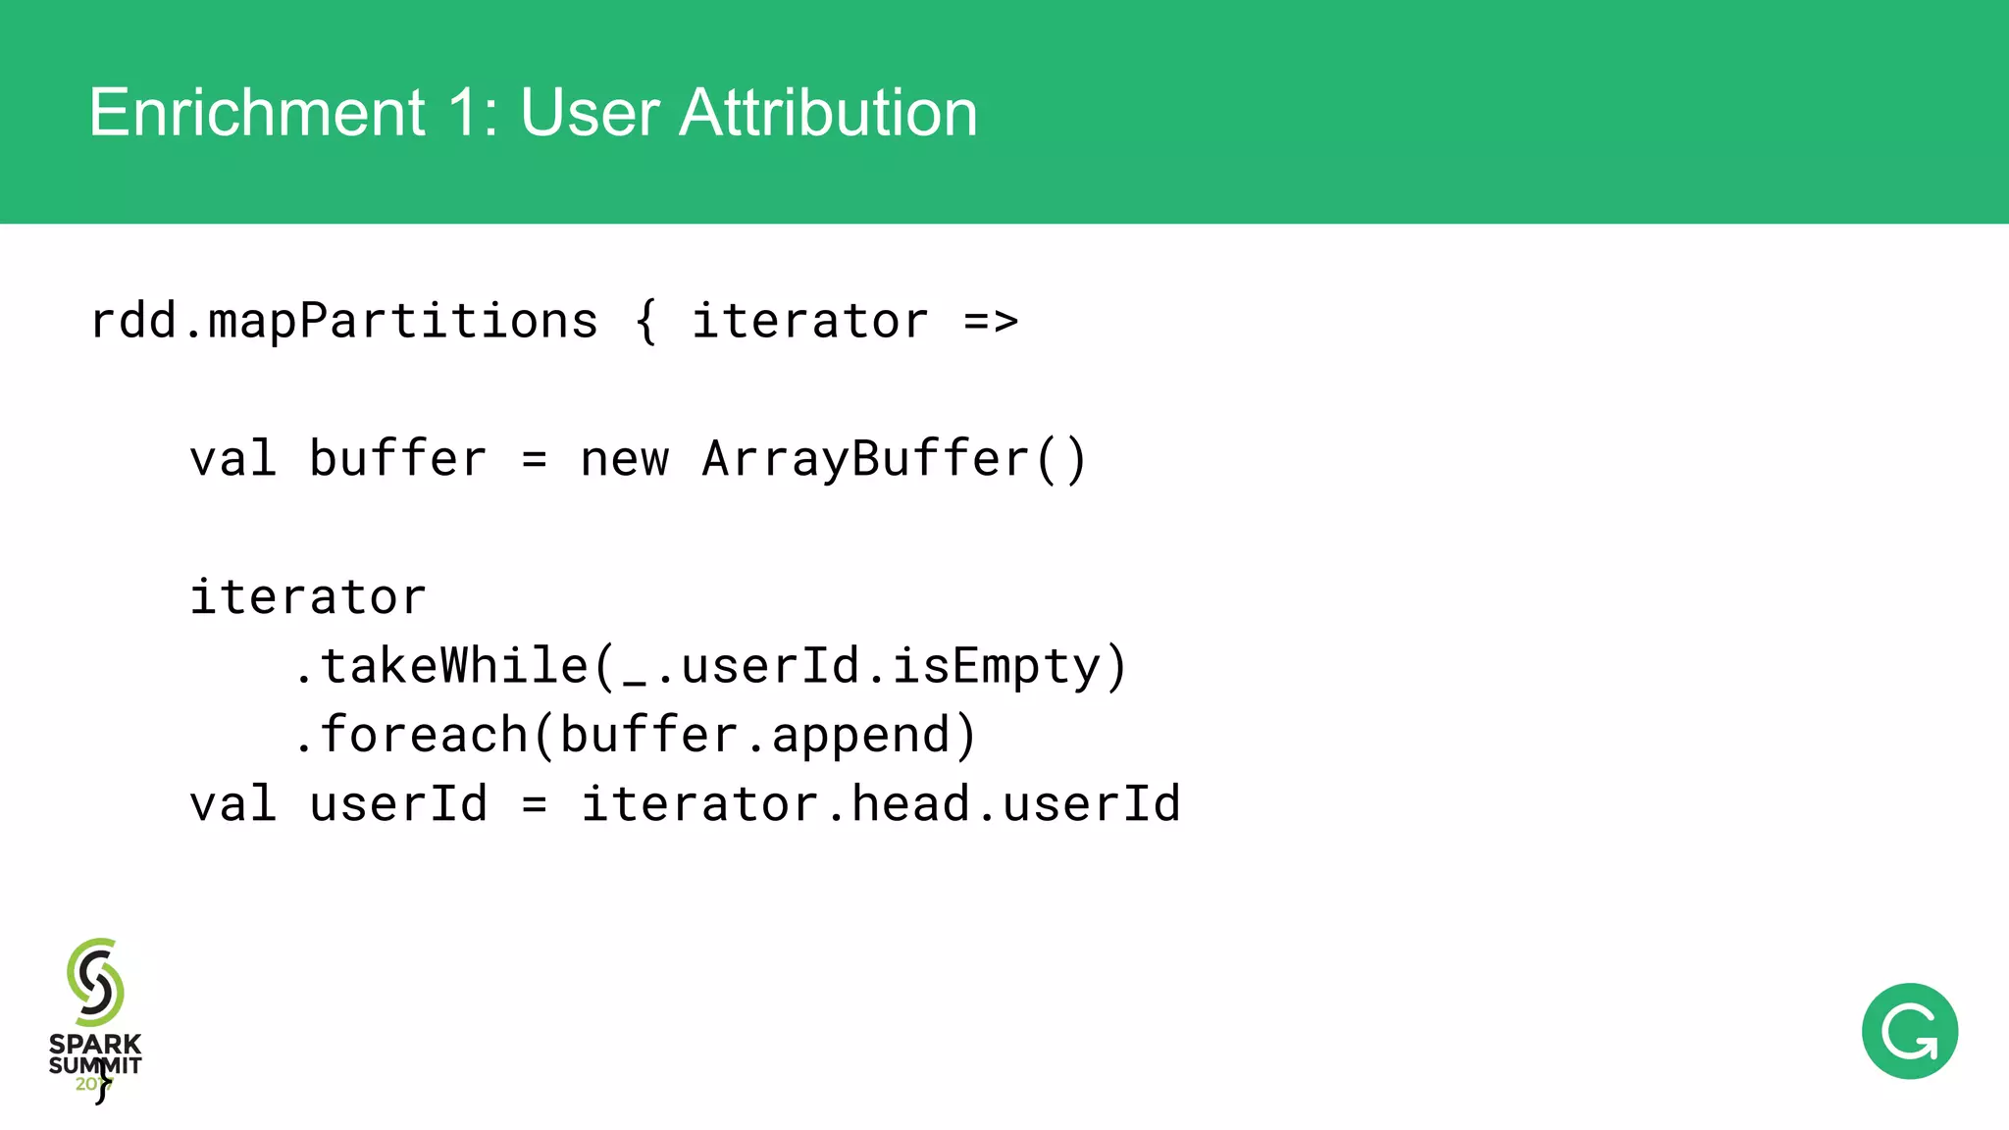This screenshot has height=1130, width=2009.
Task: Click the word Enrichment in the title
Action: coord(257,113)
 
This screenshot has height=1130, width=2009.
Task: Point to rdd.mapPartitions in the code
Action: coord(343,322)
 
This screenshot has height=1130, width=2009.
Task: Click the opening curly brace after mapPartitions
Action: coord(645,322)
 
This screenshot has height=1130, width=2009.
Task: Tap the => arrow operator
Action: coord(991,322)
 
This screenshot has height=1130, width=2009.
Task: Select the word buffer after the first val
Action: coord(397,459)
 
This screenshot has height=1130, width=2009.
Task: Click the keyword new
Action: coord(624,459)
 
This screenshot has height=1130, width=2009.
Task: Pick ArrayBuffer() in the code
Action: coord(894,459)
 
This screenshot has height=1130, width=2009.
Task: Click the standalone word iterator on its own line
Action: coord(308,597)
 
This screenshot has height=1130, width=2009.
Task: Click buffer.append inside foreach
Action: coord(755,735)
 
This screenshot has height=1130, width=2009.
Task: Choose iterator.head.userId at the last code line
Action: coord(880,804)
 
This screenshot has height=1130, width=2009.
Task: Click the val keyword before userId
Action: coord(232,804)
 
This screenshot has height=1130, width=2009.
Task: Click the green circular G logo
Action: coord(1909,1031)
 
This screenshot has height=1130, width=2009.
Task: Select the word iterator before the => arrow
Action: coord(809,322)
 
